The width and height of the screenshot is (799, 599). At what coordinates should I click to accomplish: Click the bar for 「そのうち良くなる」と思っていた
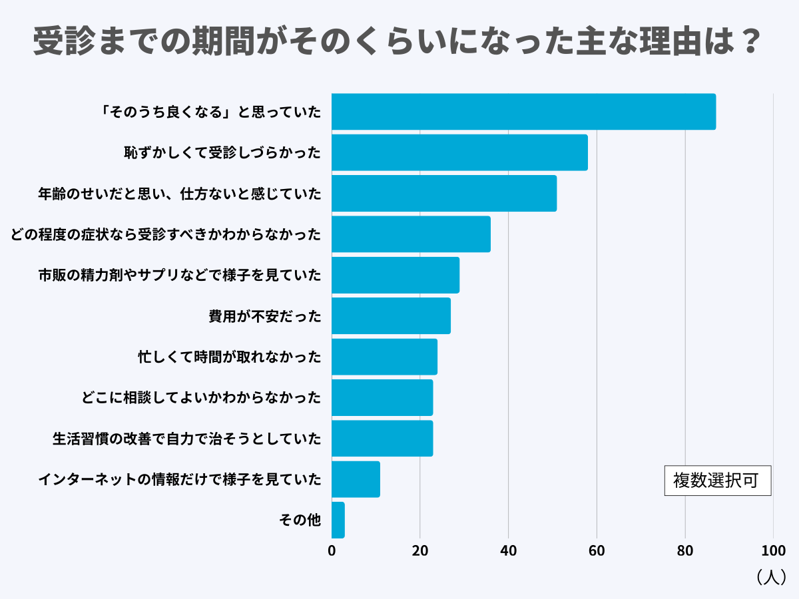pyautogui.click(x=523, y=112)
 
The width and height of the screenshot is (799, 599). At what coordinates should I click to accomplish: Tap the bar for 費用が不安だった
pyautogui.click(x=391, y=315)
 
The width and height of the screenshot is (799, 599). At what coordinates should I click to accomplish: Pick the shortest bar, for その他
pyautogui.click(x=338, y=520)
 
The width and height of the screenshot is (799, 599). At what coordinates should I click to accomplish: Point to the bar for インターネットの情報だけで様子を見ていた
pyautogui.click(x=356, y=479)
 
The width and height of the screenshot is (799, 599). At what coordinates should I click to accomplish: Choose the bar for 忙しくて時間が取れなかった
pyautogui.click(x=384, y=357)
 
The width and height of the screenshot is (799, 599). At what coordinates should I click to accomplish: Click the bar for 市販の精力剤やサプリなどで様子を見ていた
pyautogui.click(x=396, y=275)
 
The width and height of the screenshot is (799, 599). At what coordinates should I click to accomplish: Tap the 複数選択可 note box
pyautogui.click(x=717, y=481)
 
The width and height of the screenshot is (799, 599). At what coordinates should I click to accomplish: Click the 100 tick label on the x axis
pyautogui.click(x=773, y=550)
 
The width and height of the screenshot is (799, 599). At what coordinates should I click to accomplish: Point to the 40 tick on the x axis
pyautogui.click(x=508, y=550)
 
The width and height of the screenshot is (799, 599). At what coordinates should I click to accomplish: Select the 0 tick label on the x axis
pyautogui.click(x=332, y=550)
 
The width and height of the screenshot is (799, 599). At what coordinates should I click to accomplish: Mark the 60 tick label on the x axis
pyautogui.click(x=597, y=550)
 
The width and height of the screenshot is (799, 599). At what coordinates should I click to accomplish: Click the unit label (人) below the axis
pyautogui.click(x=772, y=576)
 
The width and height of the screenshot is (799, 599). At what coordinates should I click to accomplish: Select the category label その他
pyautogui.click(x=300, y=520)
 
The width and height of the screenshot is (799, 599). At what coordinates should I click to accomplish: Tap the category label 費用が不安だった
pyautogui.click(x=265, y=316)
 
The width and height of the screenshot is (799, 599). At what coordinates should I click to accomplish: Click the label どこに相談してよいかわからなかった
pyautogui.click(x=201, y=398)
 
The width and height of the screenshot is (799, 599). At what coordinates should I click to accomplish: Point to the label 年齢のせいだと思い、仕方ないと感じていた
pyautogui.click(x=180, y=194)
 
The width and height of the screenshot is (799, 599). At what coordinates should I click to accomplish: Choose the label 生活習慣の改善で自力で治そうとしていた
pyautogui.click(x=187, y=439)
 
